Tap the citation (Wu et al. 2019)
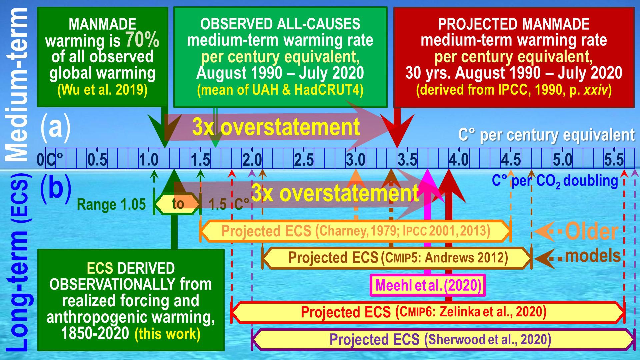[102, 90]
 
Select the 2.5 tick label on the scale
[304, 160]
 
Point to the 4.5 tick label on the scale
[511, 160]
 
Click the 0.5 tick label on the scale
[97, 160]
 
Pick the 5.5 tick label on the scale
[614, 160]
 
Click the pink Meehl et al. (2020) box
[428, 285]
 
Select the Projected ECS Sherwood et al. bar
[443, 339]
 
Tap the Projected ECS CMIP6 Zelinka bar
[427, 312]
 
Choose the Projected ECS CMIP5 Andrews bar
[397, 258]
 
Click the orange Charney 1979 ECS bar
[355, 231]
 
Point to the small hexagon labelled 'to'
[178, 203]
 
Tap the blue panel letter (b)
[55, 188]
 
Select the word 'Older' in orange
[591, 231]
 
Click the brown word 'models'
[593, 256]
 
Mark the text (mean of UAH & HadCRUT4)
[280, 90]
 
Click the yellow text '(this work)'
[167, 334]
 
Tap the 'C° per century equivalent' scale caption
[546, 135]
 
